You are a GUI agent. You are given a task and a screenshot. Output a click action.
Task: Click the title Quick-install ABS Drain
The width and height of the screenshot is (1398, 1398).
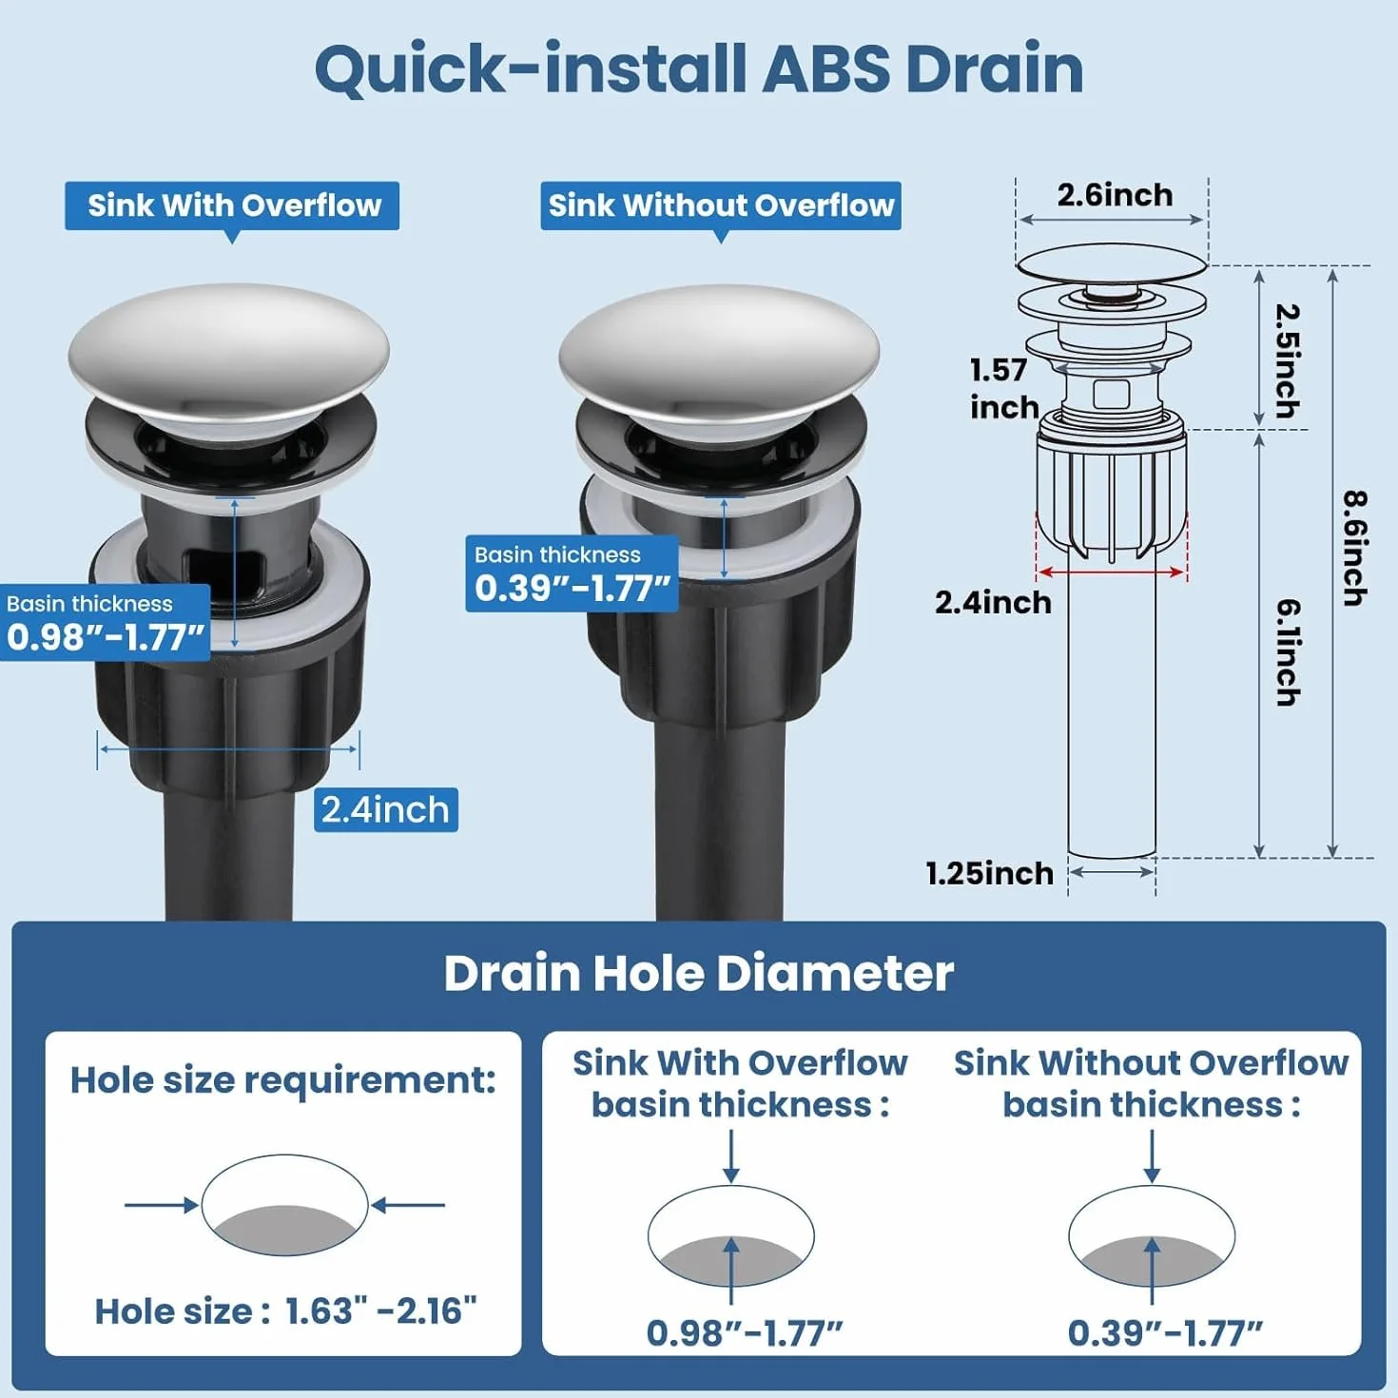point(699,70)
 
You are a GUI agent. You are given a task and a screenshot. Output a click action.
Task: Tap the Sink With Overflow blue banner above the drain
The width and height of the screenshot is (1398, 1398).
point(232,206)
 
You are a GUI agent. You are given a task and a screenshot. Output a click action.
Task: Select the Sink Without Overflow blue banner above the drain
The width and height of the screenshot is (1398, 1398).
point(721,206)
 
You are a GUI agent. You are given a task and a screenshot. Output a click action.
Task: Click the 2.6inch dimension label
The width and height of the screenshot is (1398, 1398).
point(1115,195)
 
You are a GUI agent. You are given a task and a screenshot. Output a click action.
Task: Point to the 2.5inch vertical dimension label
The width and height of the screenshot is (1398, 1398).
point(1287,360)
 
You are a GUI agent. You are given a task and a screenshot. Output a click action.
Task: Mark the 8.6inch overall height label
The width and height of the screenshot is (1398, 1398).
point(1354,549)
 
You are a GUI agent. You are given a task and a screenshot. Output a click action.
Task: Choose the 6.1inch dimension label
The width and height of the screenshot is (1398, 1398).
point(1287,653)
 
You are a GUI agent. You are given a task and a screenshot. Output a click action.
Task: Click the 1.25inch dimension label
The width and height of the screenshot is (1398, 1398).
point(990,873)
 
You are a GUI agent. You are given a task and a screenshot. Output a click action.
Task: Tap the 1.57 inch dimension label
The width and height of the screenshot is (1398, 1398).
point(1004,389)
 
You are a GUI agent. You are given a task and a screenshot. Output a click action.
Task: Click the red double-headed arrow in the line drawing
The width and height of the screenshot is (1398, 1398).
point(1112,573)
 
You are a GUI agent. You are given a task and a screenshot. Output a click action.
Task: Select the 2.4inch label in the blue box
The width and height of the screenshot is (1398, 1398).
point(386,809)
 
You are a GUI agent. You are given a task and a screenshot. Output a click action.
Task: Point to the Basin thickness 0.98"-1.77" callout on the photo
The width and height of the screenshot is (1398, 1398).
point(106,623)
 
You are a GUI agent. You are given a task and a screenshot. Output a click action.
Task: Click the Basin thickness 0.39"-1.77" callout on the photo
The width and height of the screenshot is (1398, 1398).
point(572,573)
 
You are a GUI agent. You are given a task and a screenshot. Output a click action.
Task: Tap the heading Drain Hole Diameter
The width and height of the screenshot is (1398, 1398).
point(699,973)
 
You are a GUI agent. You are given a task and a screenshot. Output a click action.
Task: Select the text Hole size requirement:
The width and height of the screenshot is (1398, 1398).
point(283,1080)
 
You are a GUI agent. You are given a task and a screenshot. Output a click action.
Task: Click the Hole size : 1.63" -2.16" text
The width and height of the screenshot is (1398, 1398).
point(286,1311)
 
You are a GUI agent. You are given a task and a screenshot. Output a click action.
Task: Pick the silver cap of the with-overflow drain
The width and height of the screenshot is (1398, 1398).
point(228,352)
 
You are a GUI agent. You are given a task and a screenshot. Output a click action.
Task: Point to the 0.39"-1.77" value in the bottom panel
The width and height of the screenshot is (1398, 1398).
point(1165,1332)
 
